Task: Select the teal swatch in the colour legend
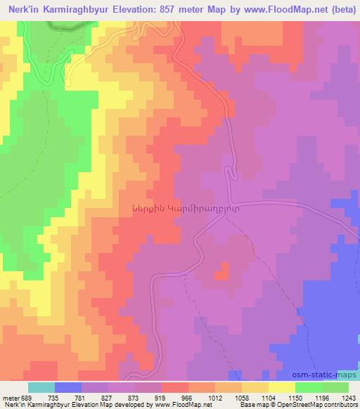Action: pyautogui.click(x=41, y=387)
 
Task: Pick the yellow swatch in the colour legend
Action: pyautogui.click(x=282, y=387)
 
